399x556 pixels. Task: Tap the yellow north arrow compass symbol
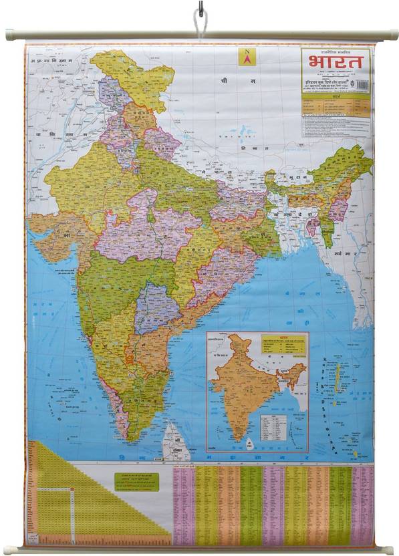[x=247, y=57]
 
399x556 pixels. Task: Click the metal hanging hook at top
[x=199, y=15]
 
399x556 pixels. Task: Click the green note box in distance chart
[x=136, y=482]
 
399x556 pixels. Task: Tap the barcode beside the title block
[x=363, y=86]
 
